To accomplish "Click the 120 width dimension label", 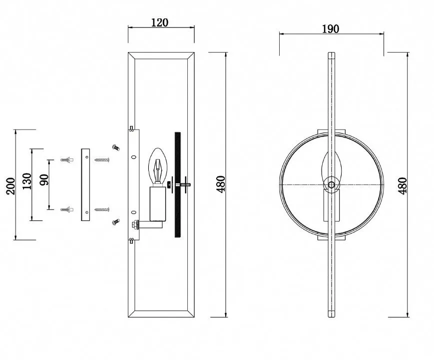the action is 160,22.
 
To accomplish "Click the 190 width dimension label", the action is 331,29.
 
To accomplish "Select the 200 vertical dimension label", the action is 10,186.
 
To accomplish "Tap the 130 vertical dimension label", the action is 27,181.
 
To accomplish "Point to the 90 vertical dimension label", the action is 44,180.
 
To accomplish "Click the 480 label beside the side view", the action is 221,184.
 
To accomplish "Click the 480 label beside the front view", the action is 403,185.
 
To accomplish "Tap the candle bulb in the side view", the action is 158,165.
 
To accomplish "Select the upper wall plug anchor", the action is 67,160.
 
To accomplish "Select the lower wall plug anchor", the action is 67,209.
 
